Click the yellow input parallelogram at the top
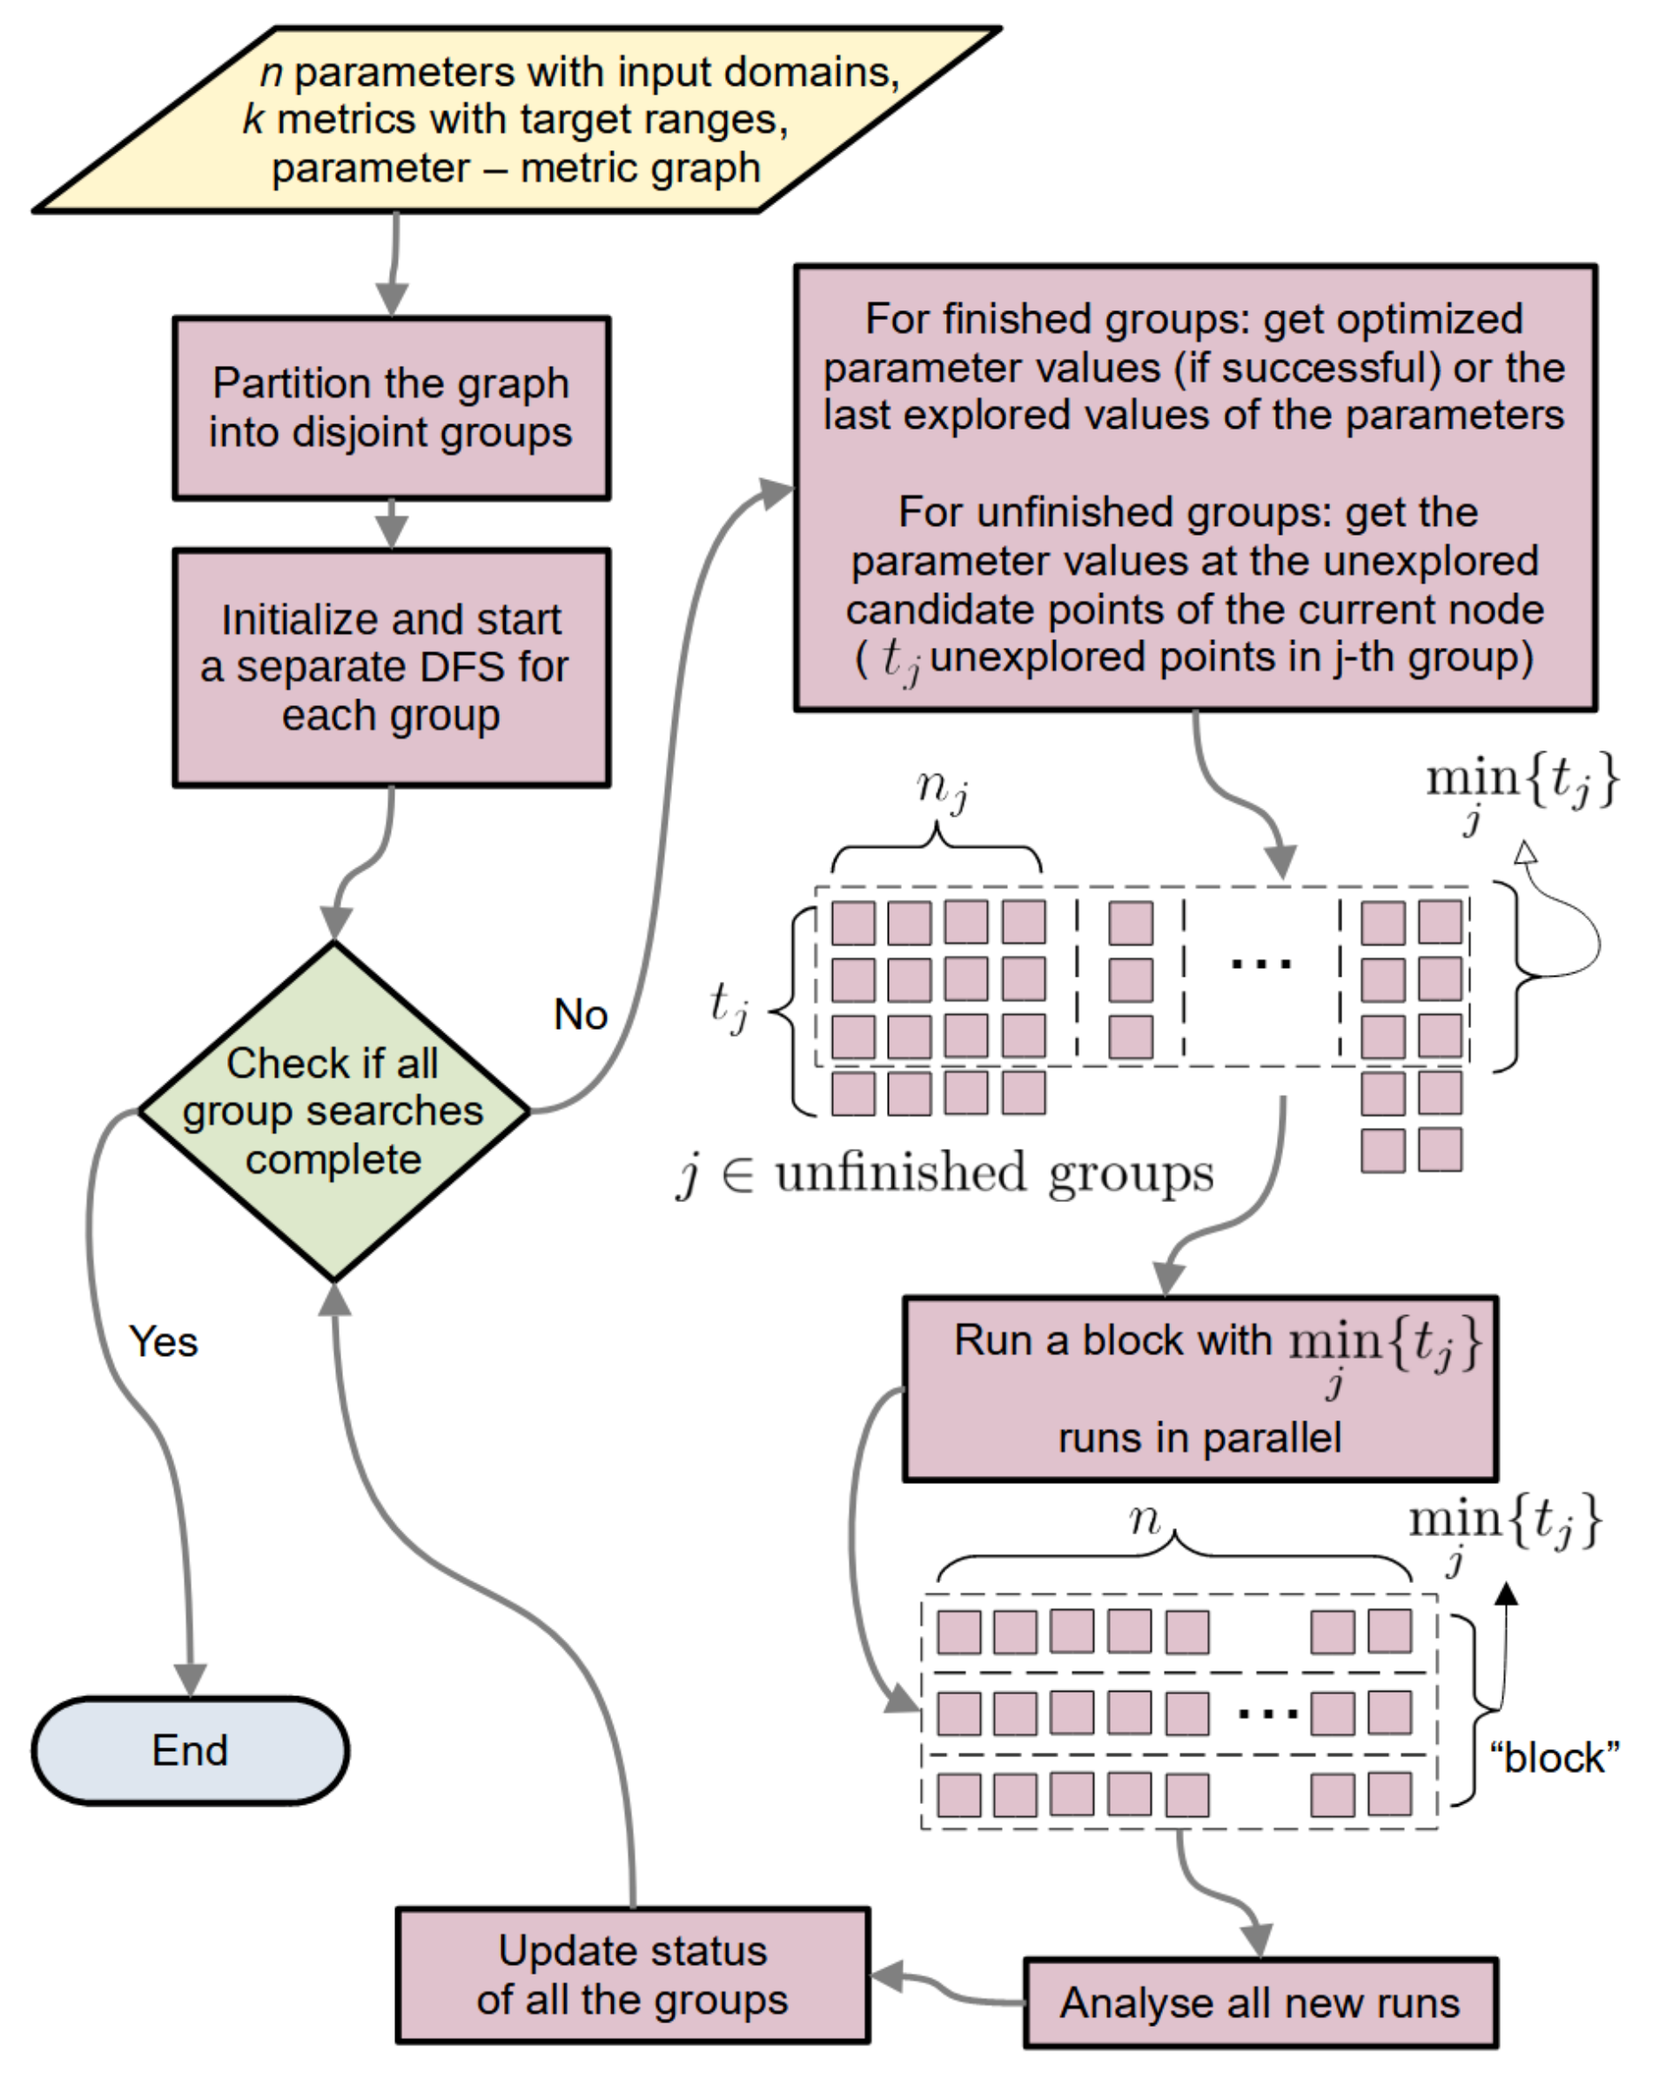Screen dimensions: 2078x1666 point(516,119)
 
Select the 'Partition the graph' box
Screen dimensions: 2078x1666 point(392,407)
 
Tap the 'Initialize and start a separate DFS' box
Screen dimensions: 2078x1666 point(392,667)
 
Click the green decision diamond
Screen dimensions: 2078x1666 point(333,1110)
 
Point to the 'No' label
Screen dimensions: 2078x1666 point(580,1015)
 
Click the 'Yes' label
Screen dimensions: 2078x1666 point(164,1342)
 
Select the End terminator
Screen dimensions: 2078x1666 point(190,1750)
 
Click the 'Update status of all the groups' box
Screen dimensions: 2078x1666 point(632,1975)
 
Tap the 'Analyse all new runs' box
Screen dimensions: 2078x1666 point(1259,2003)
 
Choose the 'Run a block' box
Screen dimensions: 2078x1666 point(1199,1389)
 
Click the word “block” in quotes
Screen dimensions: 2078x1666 point(1555,1758)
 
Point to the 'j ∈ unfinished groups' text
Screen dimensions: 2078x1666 point(944,1174)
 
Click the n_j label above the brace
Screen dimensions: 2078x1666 point(942,788)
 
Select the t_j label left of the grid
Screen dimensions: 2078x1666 point(728,1004)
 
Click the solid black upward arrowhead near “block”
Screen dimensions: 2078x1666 point(1506,1595)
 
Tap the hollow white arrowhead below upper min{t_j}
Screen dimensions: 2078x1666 point(1525,852)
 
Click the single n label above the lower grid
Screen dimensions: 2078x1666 point(1144,1520)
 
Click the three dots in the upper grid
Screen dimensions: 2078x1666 point(1261,963)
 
